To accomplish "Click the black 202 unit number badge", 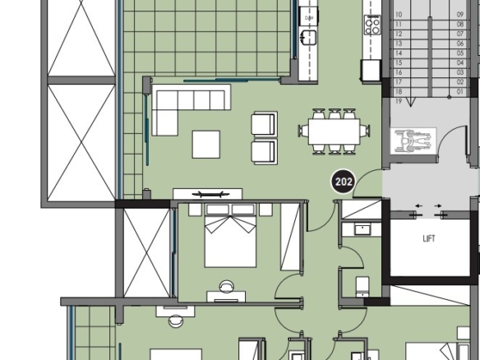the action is click(x=344, y=182).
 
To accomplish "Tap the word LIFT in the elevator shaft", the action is click(x=429, y=238).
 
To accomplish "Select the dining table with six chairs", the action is click(x=334, y=132).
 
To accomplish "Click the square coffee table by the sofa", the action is click(x=206, y=144).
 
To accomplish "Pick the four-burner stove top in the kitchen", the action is click(x=372, y=25).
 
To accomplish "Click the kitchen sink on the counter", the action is click(x=308, y=37).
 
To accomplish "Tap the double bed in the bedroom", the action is click(x=230, y=235).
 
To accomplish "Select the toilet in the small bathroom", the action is click(x=362, y=287).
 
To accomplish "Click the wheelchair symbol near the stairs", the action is click(x=413, y=141).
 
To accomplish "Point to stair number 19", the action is click(x=399, y=101).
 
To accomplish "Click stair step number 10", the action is click(x=399, y=15).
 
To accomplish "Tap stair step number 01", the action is click(x=460, y=91).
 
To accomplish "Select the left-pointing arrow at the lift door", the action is click(x=418, y=205).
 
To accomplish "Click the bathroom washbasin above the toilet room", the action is click(x=362, y=228).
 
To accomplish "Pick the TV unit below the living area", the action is click(x=208, y=194).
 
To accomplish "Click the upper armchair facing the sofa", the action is click(x=264, y=124).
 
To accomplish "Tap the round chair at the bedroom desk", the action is click(x=227, y=286).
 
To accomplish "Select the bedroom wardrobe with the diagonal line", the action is click(x=290, y=237).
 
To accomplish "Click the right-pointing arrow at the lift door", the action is click(x=438, y=205).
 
